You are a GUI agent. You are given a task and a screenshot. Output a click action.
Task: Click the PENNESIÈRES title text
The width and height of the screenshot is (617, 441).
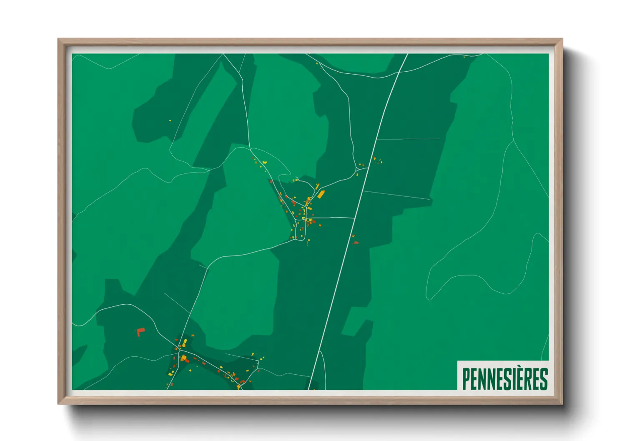coord(505,379)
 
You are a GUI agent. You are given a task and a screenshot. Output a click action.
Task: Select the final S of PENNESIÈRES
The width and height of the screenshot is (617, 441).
coord(544,379)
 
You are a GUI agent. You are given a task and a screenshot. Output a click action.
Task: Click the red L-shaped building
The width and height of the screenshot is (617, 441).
coord(140,332)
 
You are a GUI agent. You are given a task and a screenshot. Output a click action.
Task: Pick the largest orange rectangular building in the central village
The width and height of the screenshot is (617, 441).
coord(321,194)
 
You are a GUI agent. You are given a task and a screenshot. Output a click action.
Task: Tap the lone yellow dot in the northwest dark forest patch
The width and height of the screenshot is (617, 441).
coord(170,120)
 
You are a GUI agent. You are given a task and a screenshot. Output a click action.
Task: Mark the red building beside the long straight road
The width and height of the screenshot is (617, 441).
coord(356,242)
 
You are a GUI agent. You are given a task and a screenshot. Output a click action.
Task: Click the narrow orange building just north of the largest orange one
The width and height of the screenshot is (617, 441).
coord(317,186)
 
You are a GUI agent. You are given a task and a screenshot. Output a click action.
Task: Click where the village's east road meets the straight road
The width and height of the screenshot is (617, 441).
coord(354,218)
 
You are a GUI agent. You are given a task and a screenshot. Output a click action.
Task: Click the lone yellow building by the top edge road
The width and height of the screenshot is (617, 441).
coord(464,57)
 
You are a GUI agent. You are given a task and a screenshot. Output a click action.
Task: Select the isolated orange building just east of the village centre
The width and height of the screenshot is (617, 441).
coord(320,226)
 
